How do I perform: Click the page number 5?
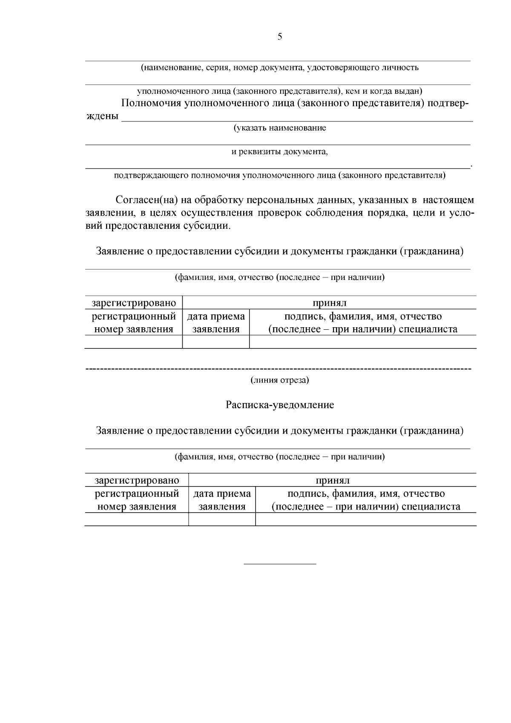tap(280, 37)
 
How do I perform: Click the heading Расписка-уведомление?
tap(280, 405)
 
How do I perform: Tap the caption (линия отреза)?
tap(280, 380)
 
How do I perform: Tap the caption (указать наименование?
tap(280, 128)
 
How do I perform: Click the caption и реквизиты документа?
tap(280, 151)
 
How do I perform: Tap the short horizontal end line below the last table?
tap(280, 564)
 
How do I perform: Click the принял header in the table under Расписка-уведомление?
tap(332, 480)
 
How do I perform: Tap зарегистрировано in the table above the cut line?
tap(134, 303)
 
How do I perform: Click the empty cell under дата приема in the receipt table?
tap(222, 519)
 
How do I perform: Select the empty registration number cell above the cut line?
tap(134, 342)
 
